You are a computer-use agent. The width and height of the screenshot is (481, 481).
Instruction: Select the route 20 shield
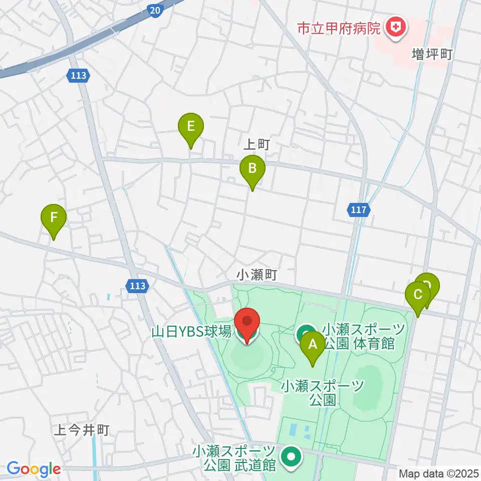[x=155, y=10]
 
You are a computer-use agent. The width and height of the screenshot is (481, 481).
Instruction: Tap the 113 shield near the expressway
[x=79, y=76]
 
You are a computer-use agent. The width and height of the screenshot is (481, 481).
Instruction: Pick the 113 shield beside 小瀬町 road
[x=137, y=286]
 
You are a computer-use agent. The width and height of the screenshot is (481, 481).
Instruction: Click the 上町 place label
[x=257, y=145]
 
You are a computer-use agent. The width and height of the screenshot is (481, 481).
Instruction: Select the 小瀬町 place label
[x=257, y=275]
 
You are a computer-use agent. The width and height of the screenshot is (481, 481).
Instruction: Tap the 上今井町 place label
[x=81, y=430]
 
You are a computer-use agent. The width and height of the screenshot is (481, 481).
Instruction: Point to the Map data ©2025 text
[x=439, y=473]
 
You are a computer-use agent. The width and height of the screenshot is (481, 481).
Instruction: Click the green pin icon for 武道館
[x=290, y=457]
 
